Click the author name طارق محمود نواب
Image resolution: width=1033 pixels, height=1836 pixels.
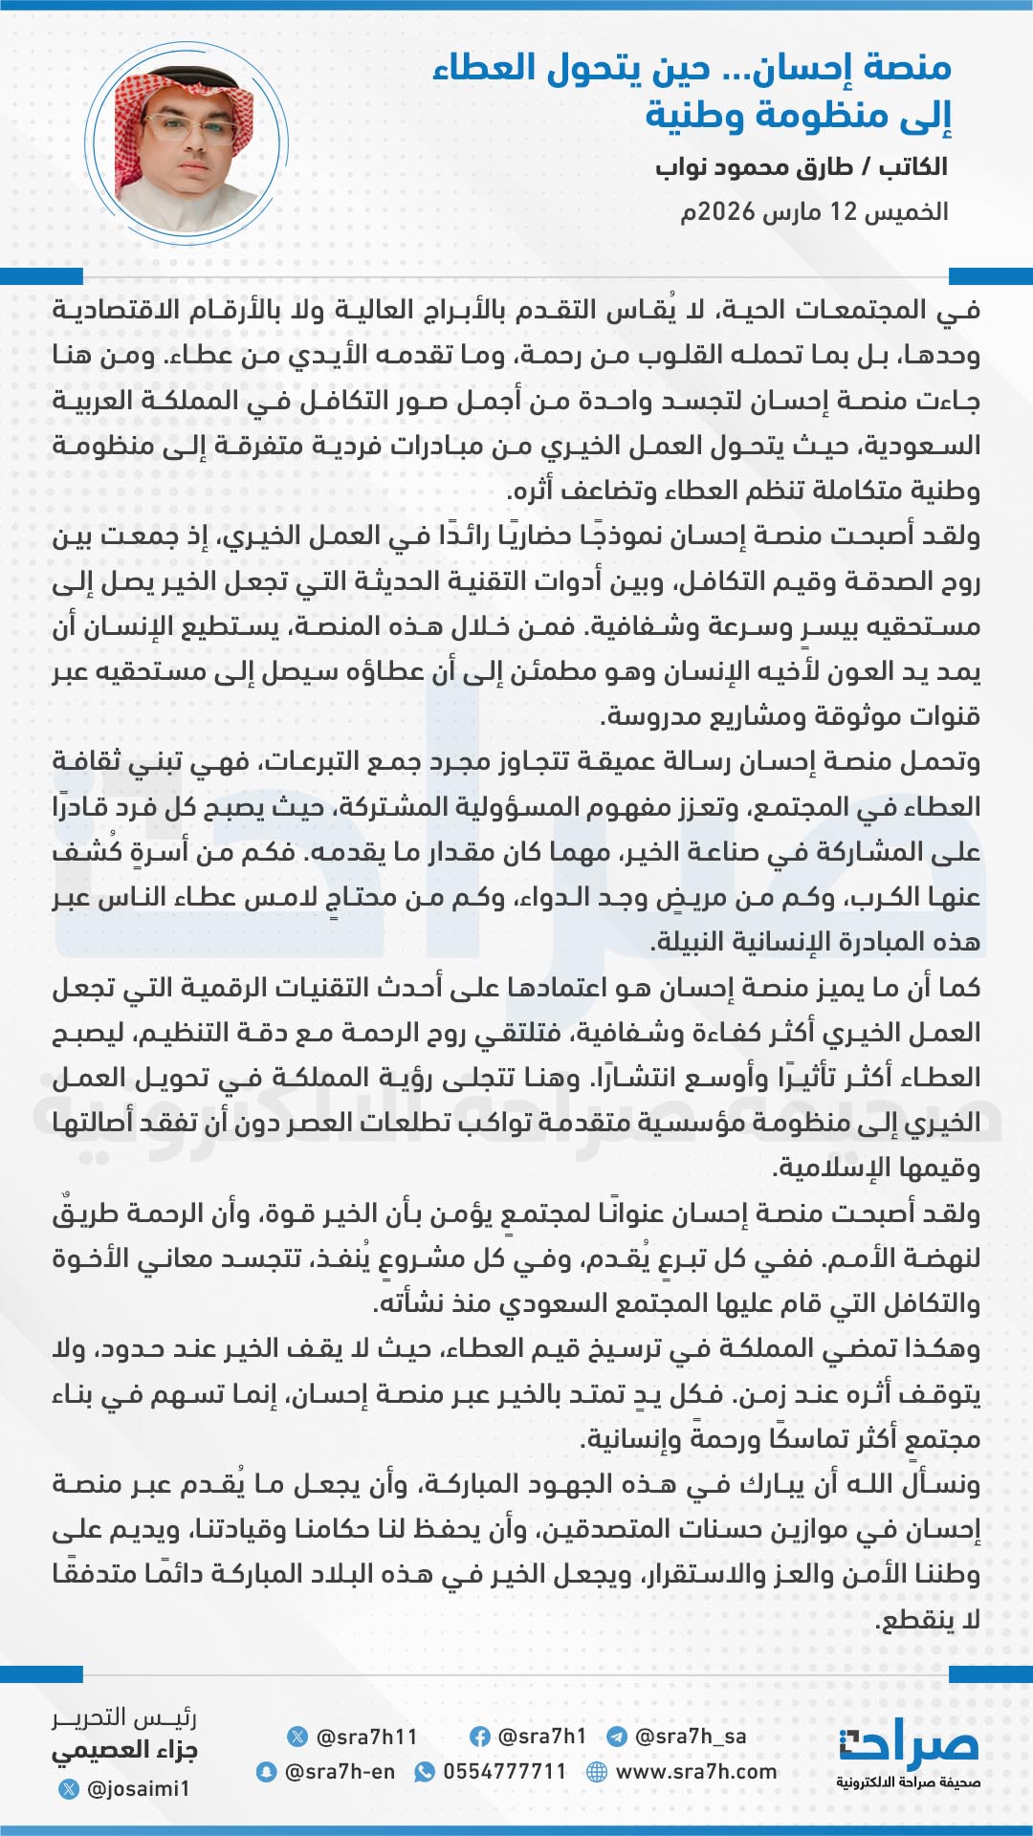click(755, 167)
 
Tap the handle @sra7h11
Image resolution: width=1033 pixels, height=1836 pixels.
click(366, 1737)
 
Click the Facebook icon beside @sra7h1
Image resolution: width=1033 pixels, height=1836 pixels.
click(480, 1737)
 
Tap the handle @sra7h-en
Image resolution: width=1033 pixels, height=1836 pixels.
click(340, 1772)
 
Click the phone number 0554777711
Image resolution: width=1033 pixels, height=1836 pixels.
click(505, 1772)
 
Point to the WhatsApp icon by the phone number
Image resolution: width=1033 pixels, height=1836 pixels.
click(424, 1772)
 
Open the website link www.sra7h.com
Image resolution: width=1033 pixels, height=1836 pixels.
click(696, 1772)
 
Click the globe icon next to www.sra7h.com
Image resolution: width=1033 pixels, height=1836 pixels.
click(597, 1772)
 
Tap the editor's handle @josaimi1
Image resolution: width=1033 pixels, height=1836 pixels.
click(139, 1788)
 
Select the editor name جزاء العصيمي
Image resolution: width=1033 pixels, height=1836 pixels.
click(124, 1751)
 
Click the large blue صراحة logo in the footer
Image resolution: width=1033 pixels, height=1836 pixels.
click(909, 1745)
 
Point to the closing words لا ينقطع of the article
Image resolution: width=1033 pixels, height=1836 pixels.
click(928, 1620)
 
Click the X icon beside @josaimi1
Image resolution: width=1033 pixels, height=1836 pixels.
click(69, 1788)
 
